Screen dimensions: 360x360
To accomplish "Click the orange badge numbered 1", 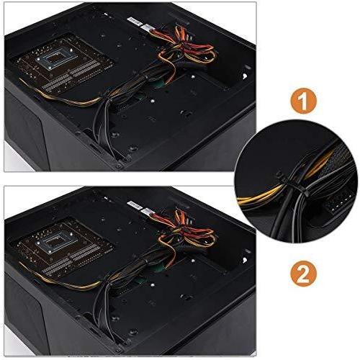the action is tap(303, 102).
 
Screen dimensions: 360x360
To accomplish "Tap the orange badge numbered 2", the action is tap(303, 275).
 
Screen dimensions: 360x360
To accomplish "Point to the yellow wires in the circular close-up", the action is tap(258, 197).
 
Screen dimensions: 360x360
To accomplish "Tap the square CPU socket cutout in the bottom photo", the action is tap(55, 242).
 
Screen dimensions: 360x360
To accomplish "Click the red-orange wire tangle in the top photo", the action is tap(187, 48).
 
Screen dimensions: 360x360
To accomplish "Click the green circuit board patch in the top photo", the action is tap(159, 84).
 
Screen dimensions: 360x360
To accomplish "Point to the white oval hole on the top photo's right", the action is tap(245, 76).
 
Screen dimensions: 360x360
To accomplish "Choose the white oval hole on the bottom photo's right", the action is tap(245, 260).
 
